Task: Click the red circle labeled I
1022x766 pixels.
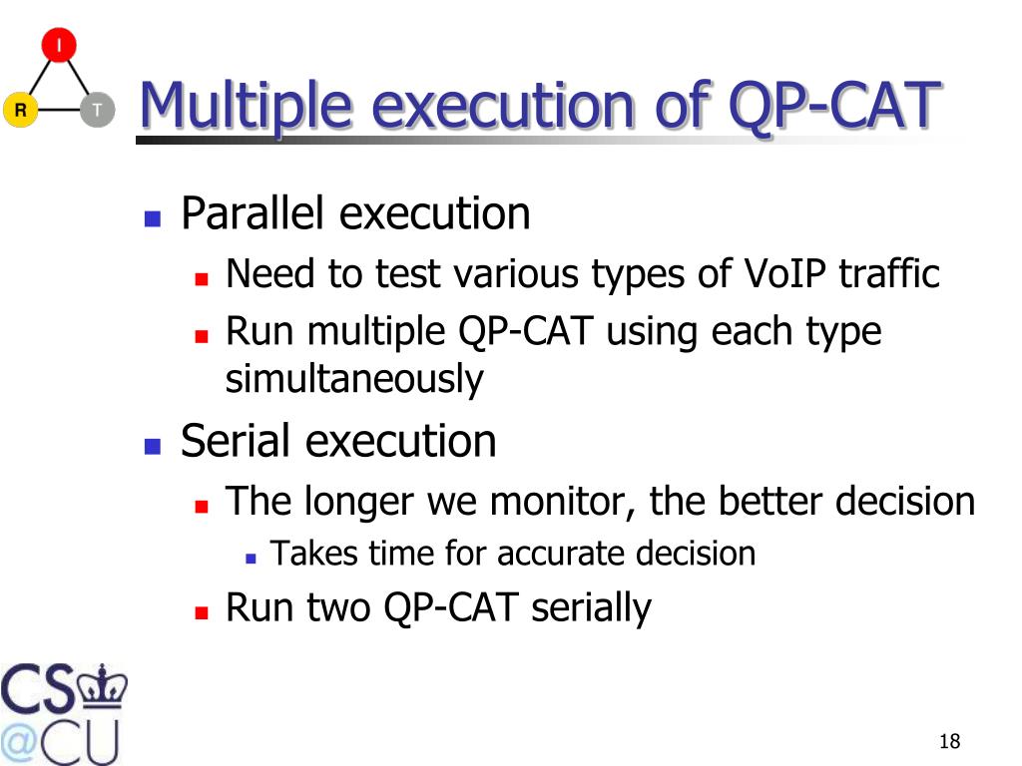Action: pos(59,45)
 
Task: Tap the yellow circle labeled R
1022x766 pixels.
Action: pos(21,110)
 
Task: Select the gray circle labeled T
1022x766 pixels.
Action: pos(98,110)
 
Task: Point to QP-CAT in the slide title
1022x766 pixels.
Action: pos(835,106)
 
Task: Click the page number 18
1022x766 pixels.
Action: pos(950,741)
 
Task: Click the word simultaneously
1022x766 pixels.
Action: pos(354,379)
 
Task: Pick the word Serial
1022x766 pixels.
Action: pos(236,440)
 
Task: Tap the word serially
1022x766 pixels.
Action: pos(591,608)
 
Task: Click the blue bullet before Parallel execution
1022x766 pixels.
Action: pos(153,218)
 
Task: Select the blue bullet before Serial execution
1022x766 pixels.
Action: pos(153,446)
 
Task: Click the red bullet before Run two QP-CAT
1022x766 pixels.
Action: pos(202,612)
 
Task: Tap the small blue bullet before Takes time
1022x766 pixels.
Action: pos(251,559)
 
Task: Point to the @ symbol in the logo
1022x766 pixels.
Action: pos(18,742)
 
